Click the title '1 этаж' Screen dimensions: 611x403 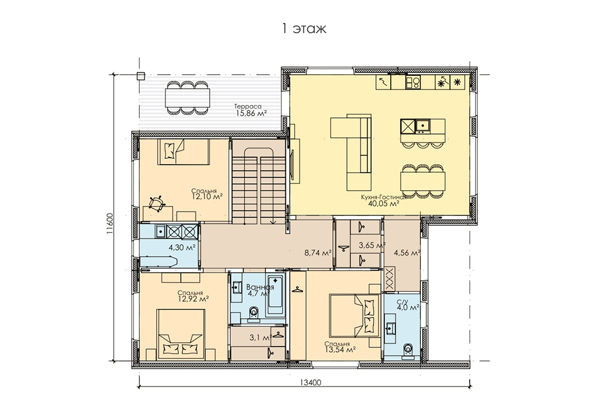[304, 28]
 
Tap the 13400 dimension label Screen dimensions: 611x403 [310, 382]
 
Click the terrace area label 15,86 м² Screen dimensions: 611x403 [252, 114]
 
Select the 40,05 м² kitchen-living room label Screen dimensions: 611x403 [384, 203]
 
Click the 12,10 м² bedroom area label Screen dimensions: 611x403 [207, 197]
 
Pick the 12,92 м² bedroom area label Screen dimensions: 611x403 [193, 299]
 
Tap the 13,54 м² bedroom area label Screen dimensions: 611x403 [340, 350]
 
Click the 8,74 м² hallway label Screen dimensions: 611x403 [317, 253]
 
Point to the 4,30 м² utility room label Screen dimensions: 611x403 [182, 247]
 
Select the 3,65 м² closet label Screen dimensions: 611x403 [372, 245]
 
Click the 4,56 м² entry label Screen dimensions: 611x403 [407, 253]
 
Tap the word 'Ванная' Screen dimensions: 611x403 [260, 287]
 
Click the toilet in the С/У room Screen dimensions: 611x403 [408, 349]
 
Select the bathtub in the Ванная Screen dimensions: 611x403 [275, 296]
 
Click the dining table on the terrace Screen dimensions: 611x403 [188, 98]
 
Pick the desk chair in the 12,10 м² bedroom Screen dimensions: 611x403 [157, 203]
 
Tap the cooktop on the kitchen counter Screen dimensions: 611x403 [413, 82]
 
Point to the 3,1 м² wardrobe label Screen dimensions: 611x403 [261, 337]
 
